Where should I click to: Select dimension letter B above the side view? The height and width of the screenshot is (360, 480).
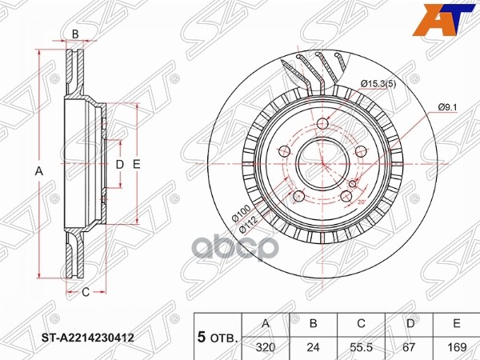[75, 34]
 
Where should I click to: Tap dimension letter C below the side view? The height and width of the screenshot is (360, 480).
[86, 292]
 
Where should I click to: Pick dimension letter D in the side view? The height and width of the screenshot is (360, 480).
[119, 164]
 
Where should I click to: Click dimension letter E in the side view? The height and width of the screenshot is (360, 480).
[137, 164]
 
